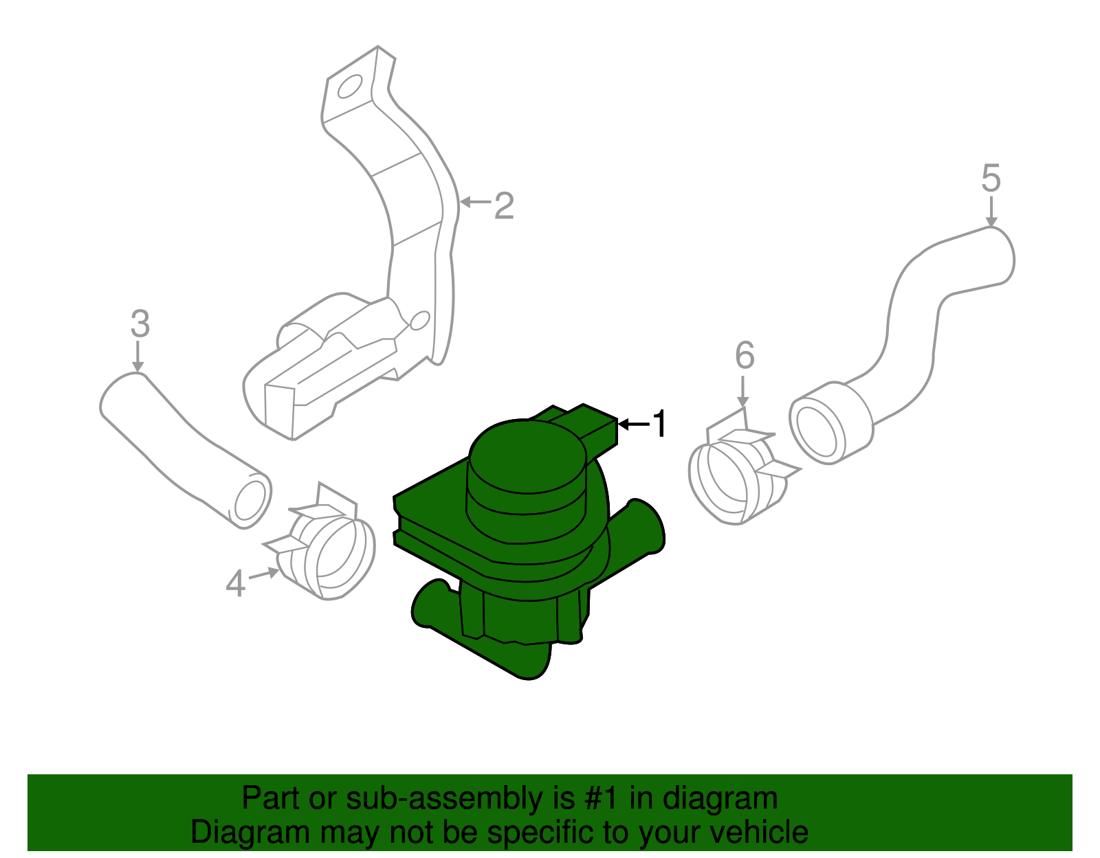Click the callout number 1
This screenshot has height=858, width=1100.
point(659,424)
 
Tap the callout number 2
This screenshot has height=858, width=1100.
point(504,205)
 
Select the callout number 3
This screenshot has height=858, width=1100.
point(140,324)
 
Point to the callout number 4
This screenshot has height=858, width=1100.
point(236,585)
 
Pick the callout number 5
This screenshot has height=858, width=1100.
point(991,179)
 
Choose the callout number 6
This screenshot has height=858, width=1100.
point(745,355)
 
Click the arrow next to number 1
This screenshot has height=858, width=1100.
point(634,425)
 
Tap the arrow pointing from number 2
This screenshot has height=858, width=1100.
point(475,202)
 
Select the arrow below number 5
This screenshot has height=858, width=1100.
point(991,211)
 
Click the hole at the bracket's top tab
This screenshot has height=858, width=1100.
point(350,87)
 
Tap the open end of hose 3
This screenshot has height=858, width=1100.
point(250,499)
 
